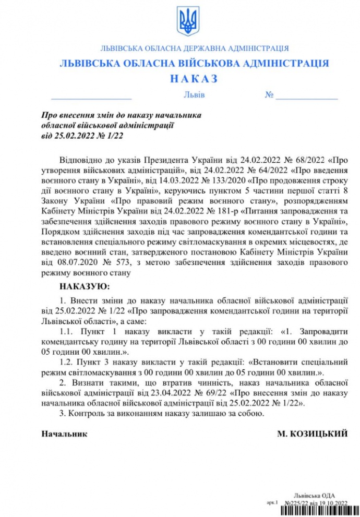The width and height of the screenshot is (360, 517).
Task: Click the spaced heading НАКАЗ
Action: [194, 79]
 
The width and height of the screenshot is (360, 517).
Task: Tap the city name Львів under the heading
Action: [194, 95]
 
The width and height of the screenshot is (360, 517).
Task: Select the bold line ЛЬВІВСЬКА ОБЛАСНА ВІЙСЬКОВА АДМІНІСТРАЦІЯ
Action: [194, 64]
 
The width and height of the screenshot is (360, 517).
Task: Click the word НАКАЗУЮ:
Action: [84, 286]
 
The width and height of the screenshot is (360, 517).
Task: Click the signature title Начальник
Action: [64, 434]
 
